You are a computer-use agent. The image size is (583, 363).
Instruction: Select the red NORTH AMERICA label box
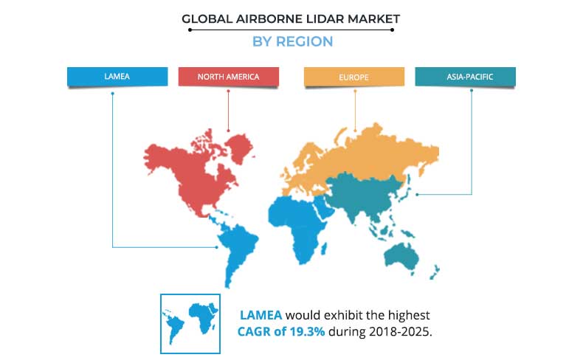click(228, 77)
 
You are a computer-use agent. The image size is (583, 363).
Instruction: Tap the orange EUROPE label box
click(354, 77)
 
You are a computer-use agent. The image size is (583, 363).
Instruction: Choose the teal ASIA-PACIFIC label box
click(465, 77)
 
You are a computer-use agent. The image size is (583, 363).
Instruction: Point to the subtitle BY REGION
click(292, 41)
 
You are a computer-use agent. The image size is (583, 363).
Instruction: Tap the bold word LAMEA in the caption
click(258, 314)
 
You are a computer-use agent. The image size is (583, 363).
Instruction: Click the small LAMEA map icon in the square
click(190, 323)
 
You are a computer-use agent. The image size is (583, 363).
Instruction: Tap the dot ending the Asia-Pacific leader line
click(418, 195)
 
